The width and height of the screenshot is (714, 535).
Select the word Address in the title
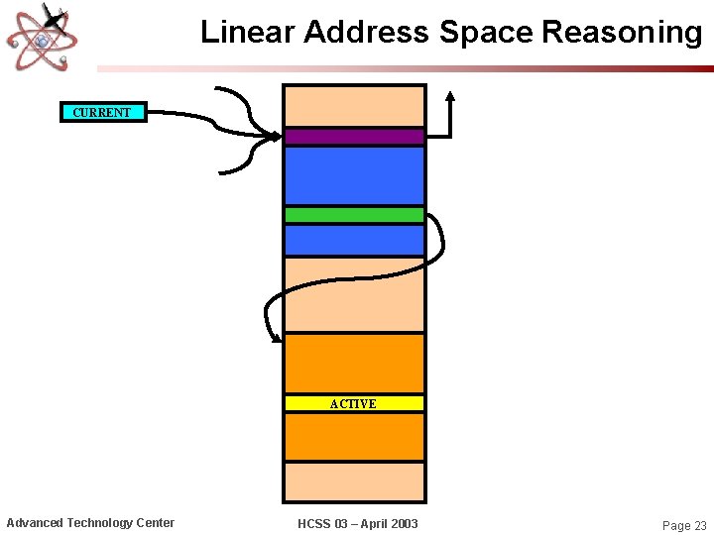click(367, 33)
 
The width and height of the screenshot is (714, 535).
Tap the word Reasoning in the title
click(622, 33)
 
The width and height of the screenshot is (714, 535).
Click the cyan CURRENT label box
click(102, 112)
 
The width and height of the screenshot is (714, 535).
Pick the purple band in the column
click(354, 137)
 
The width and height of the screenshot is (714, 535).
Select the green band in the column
click(354, 214)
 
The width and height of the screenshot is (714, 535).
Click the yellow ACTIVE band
click(354, 403)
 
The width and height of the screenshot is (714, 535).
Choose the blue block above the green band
click(354, 175)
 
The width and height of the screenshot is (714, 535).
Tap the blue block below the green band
click(354, 240)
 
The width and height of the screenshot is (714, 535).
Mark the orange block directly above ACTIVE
click(354, 363)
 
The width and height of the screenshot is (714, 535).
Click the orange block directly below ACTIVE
click(354, 437)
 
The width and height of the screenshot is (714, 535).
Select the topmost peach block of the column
click(354, 106)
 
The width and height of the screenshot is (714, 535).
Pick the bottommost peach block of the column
click(354, 481)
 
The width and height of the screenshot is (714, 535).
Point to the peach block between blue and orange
click(354, 294)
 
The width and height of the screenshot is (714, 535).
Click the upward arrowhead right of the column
click(450, 97)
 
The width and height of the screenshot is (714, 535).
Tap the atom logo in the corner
click(42, 37)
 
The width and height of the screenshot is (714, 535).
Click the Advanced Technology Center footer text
click(90, 523)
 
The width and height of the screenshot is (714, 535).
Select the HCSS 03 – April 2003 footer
click(358, 523)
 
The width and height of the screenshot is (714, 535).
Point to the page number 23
click(698, 526)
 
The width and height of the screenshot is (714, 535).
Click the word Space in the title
click(487, 33)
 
